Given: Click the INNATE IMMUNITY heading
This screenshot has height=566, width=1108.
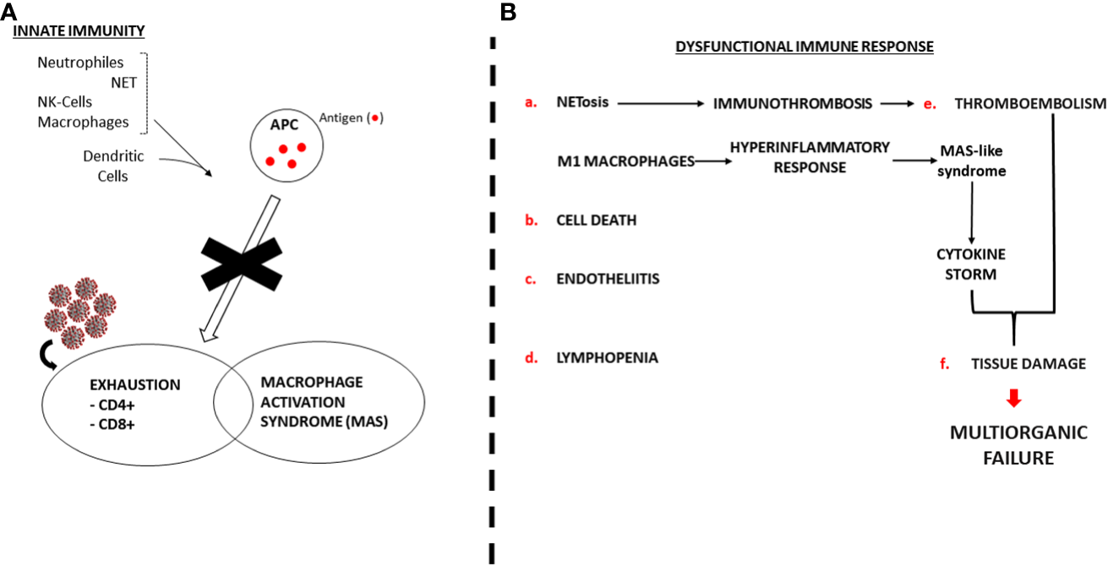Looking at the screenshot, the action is pyautogui.click(x=79, y=30).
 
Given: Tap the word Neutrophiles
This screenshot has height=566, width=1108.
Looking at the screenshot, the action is pyautogui.click(x=80, y=63).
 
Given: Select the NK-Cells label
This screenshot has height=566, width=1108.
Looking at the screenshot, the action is pyautogui.click(x=65, y=102).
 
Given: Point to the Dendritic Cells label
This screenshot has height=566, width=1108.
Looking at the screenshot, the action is pyautogui.click(x=113, y=166).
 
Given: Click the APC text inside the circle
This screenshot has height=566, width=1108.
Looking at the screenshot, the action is pyautogui.click(x=284, y=124).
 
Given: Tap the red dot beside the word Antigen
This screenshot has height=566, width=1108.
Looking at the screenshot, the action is pyautogui.click(x=375, y=118).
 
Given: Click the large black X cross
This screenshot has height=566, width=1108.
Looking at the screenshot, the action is pyautogui.click(x=242, y=264).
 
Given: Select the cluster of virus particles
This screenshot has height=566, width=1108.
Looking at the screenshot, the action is pyautogui.click(x=80, y=313).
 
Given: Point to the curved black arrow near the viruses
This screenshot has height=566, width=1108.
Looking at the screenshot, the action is pyautogui.click(x=48, y=355).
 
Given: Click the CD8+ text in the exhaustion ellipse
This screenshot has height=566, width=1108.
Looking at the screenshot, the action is pyautogui.click(x=112, y=425).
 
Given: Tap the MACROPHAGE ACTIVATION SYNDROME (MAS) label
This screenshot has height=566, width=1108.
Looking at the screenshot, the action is pyautogui.click(x=324, y=402).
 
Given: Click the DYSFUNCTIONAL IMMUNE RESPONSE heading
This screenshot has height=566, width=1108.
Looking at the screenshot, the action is pyautogui.click(x=805, y=46).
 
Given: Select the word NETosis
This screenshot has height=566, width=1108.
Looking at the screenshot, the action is pyautogui.click(x=582, y=102).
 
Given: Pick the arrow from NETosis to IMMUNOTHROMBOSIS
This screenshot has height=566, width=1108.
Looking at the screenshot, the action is pyautogui.click(x=661, y=104).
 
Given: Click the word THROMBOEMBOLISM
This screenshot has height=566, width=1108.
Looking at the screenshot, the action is pyautogui.click(x=1030, y=104).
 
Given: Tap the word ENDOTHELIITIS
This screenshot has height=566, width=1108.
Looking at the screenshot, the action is pyautogui.click(x=608, y=279).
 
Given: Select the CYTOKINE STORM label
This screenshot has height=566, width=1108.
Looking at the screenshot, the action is pyautogui.click(x=971, y=264).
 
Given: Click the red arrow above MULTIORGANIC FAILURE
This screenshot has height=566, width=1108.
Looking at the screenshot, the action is pyautogui.click(x=1014, y=398).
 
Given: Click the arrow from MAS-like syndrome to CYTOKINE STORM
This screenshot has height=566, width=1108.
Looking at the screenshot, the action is pyautogui.click(x=971, y=213).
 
